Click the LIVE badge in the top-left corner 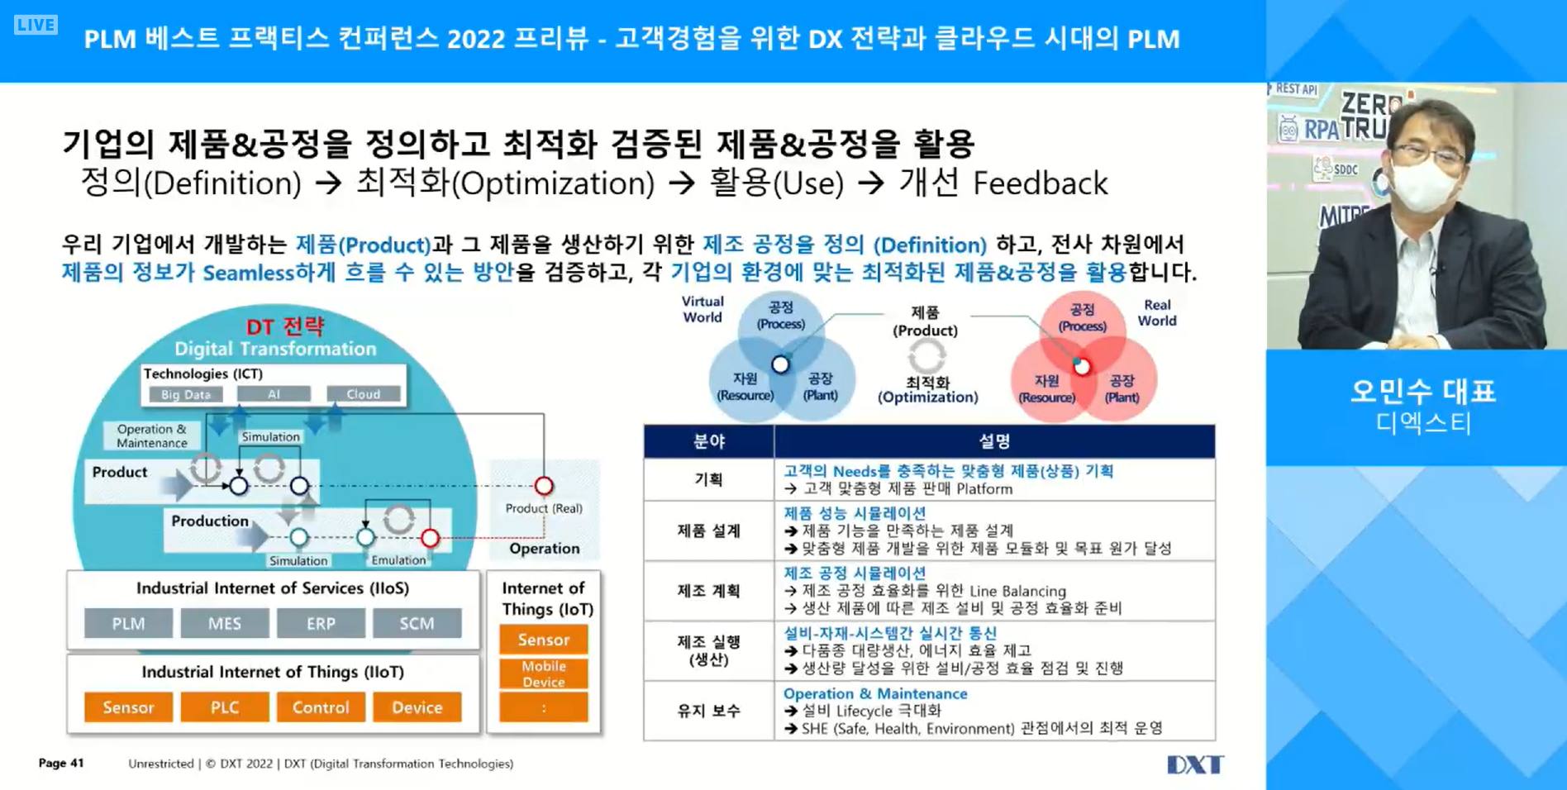point(36,25)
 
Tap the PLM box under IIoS point(128,624)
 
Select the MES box point(225,624)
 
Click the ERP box point(321,624)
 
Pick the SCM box point(417,624)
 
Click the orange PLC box point(225,707)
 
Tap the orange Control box point(321,707)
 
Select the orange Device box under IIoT point(417,707)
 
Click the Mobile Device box point(544,673)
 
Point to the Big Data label point(186,394)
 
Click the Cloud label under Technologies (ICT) point(364,394)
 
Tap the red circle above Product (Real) point(544,485)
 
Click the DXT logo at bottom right point(1194,764)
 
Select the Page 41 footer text point(61,763)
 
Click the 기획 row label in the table point(708,479)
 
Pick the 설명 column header point(994,441)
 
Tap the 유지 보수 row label point(708,711)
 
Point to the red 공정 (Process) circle point(1082,318)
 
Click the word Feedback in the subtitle point(1040,183)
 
